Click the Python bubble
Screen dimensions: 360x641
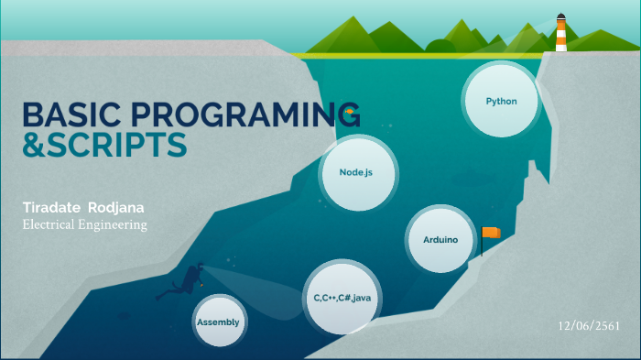tap(500, 100)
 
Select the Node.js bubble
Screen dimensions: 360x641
tap(355, 172)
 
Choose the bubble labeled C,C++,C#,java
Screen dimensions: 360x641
tap(341, 297)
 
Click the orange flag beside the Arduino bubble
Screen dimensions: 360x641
tap(492, 233)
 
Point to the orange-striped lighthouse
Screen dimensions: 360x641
tap(560, 35)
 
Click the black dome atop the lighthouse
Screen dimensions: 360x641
tap(560, 16)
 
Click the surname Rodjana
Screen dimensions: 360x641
tap(120, 207)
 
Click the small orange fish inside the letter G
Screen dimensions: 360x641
tap(349, 115)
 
